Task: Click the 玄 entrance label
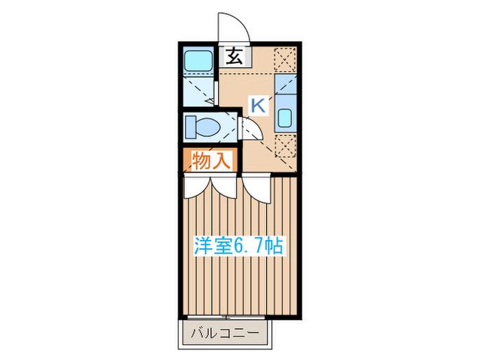click(235, 57)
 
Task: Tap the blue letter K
click(258, 106)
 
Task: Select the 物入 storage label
click(211, 160)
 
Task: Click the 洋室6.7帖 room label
click(239, 245)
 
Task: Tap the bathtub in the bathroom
click(198, 60)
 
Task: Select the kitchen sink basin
click(285, 117)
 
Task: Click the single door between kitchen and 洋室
click(256, 190)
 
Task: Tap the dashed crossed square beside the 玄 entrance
click(285, 60)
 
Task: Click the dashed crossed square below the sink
click(285, 146)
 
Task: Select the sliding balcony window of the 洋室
click(226, 317)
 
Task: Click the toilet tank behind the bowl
click(191, 126)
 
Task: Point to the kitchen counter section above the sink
click(285, 84)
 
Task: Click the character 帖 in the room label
click(274, 245)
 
